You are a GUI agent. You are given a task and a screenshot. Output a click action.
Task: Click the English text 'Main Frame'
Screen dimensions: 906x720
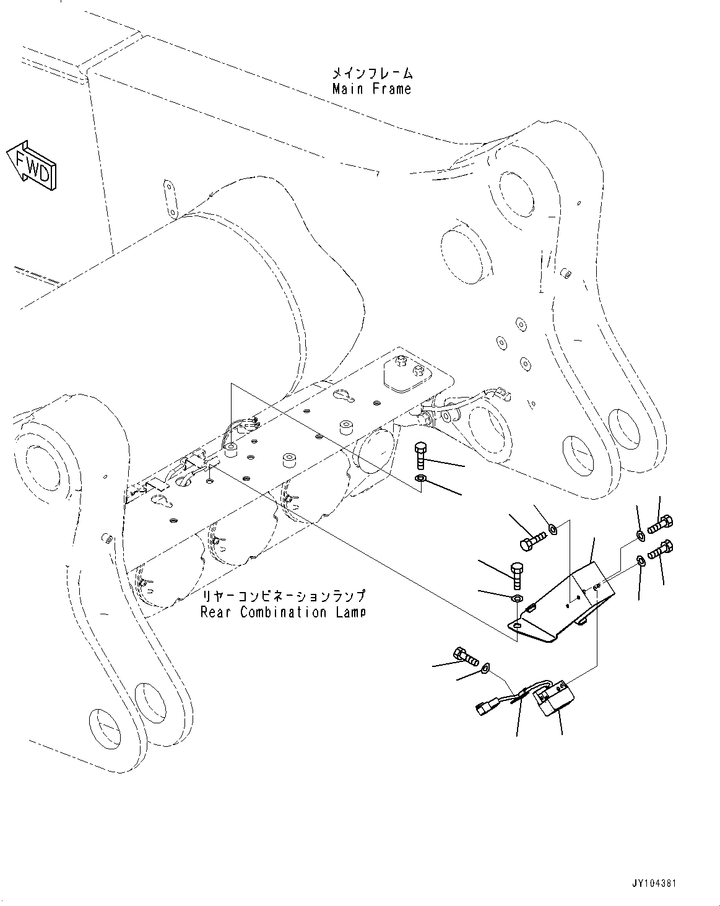pos(371,89)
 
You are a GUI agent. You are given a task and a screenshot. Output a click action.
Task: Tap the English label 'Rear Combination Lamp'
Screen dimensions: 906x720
pos(282,612)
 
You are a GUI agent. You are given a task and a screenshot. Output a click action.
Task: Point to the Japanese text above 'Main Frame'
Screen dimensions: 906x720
pos(371,74)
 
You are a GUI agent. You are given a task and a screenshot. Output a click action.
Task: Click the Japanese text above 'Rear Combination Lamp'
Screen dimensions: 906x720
pos(282,597)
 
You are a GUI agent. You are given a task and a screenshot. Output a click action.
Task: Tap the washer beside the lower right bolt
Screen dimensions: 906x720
pos(641,561)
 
